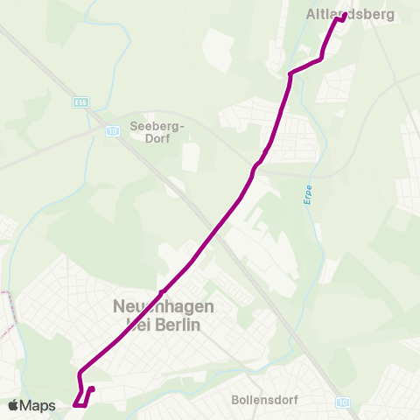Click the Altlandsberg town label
350,15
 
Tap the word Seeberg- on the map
157,125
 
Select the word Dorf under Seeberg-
157,137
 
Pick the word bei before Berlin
133,325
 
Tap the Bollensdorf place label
265,399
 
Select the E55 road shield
81,102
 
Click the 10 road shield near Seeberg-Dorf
112,131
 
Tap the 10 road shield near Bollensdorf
341,401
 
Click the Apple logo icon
13,405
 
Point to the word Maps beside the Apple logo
38,405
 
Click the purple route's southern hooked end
91,389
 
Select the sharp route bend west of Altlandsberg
290,74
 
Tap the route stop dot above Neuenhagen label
163,290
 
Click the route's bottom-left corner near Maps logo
75,405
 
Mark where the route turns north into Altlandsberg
322,59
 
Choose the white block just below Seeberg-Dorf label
191,157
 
